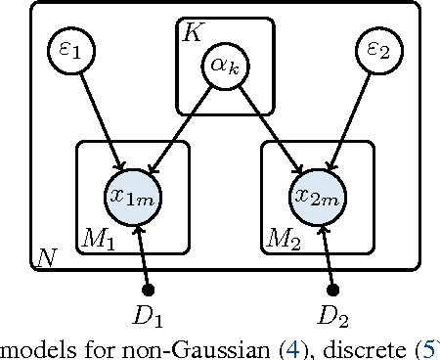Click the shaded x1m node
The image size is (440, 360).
pyautogui.click(x=134, y=196)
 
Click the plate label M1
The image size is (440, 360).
pyautogui.click(x=100, y=240)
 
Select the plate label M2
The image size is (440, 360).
pyautogui.click(x=284, y=240)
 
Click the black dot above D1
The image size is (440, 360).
pyautogui.click(x=150, y=290)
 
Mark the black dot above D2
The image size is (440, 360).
pyautogui.click(x=332, y=290)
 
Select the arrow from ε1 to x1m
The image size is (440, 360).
pyautogui.click(x=98, y=121)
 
